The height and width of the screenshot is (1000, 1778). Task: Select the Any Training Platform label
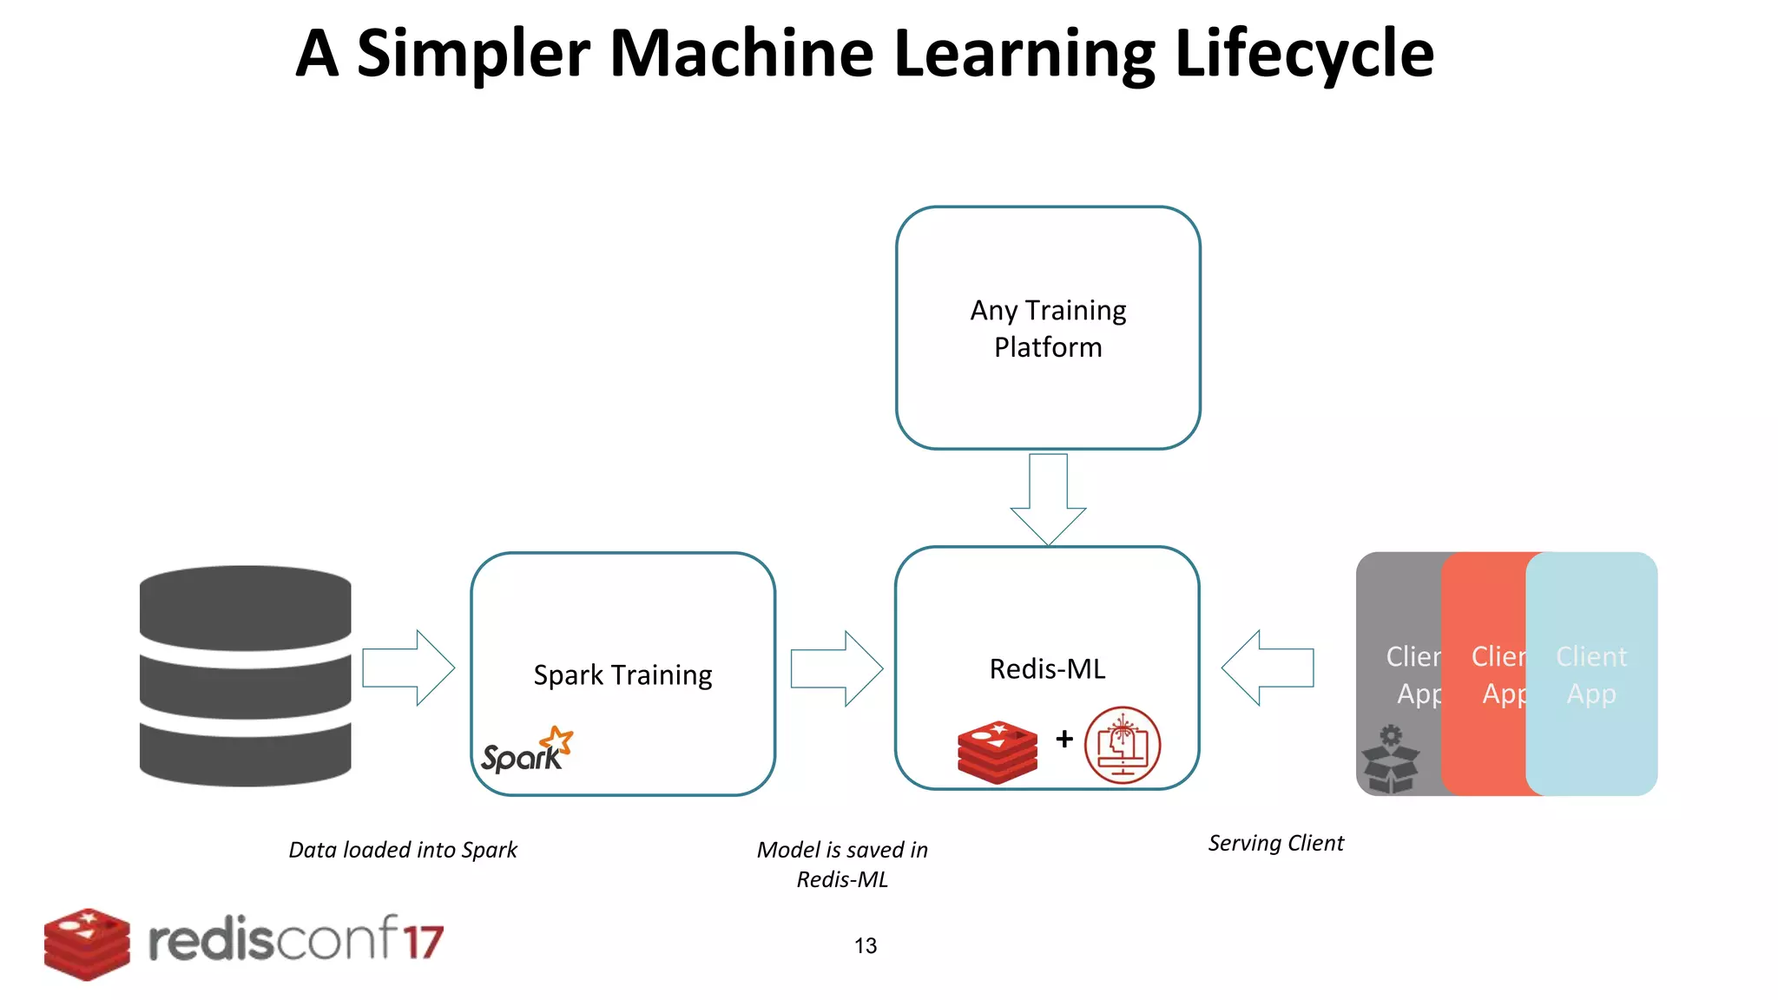point(1048,328)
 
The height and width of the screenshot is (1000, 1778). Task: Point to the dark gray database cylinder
point(246,675)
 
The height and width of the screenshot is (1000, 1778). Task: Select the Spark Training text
point(622,674)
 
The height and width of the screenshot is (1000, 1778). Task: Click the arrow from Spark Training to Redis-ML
point(836,668)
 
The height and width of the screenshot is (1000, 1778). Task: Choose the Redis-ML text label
point(1047,668)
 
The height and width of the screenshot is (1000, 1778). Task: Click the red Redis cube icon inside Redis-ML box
point(997,752)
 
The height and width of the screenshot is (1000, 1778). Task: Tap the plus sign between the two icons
point(1064,739)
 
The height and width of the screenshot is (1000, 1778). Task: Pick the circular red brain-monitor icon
point(1122,745)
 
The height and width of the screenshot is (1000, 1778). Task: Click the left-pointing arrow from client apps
point(1268,668)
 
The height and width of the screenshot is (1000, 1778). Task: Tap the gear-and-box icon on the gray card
point(1390,759)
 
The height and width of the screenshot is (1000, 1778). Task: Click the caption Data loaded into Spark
point(403,849)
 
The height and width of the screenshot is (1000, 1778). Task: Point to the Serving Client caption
point(1275,843)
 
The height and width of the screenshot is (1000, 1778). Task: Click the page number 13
point(866,945)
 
